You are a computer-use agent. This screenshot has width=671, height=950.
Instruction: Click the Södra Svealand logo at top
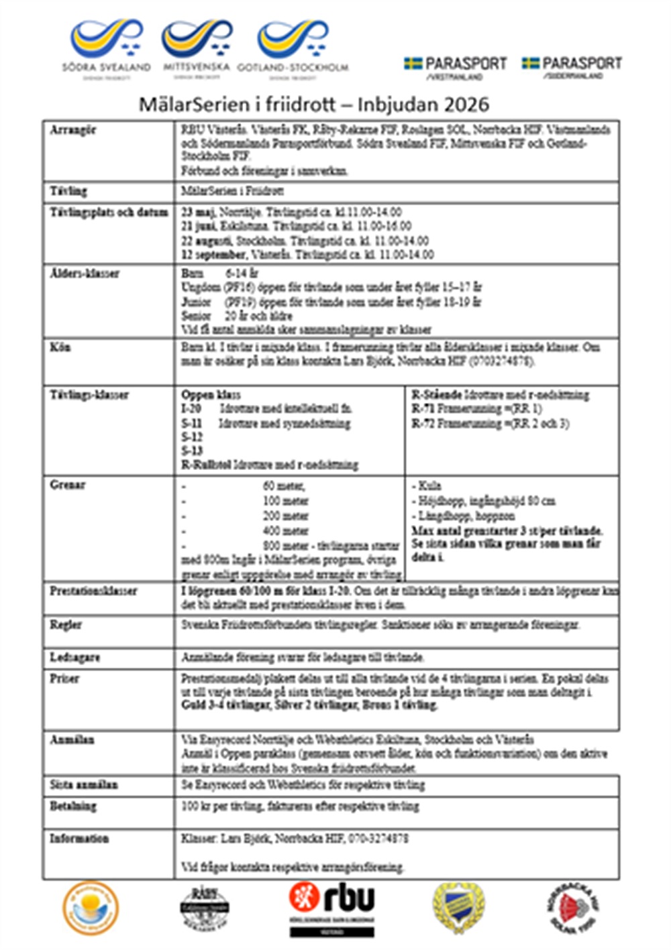[x=106, y=48]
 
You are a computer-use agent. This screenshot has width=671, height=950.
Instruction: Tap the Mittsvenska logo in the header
[x=196, y=48]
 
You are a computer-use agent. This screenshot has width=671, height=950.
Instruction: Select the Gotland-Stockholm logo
[x=293, y=48]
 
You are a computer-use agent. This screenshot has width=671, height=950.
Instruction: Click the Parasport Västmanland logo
[x=456, y=68]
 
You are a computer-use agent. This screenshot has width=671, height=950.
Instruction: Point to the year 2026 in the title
[x=466, y=104]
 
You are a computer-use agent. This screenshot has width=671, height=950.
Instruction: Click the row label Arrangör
[x=73, y=130]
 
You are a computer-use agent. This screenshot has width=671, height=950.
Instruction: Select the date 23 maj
[x=195, y=212]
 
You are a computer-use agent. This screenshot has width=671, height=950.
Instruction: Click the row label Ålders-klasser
[x=85, y=274]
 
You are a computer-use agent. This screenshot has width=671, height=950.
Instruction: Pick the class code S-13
[x=192, y=451]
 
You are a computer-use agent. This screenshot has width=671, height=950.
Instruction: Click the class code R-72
[x=423, y=423]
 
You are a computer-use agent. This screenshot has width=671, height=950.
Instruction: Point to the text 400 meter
[x=286, y=530]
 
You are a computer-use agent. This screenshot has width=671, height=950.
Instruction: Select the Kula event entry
[x=429, y=485]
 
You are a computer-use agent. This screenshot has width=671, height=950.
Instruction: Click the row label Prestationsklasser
[x=93, y=591]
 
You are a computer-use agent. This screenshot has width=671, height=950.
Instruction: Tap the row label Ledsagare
[x=74, y=657]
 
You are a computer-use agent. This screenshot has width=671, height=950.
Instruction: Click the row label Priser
[x=64, y=678]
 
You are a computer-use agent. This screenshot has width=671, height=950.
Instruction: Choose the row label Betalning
[x=73, y=806]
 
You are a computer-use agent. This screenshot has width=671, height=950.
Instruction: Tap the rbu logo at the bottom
[x=332, y=908]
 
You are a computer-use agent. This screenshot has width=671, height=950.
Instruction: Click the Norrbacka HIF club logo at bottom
[x=574, y=908]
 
